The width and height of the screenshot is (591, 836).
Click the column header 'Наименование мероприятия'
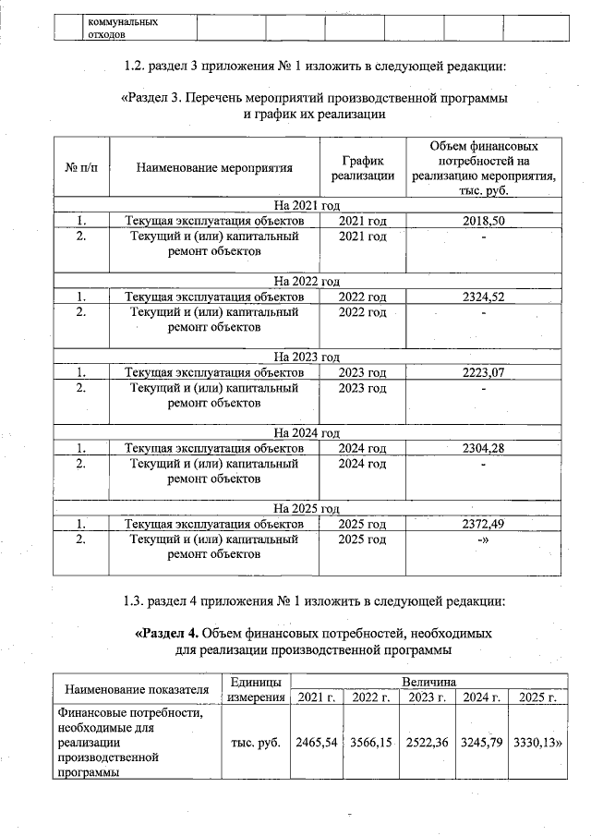tap(214, 168)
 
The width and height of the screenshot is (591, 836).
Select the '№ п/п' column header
tap(81, 168)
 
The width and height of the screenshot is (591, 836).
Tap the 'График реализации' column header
tap(363, 168)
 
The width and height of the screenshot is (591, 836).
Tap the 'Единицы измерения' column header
tap(255, 689)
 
